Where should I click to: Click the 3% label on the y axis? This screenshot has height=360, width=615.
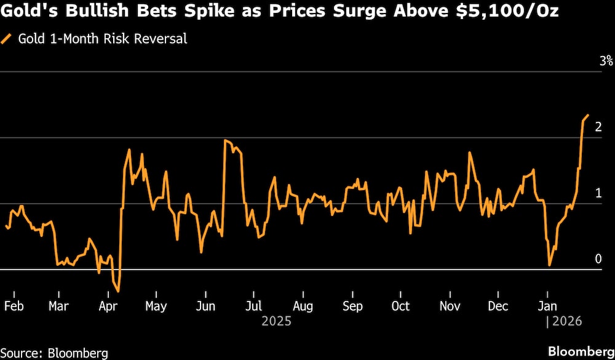pyautogui.click(x=606, y=61)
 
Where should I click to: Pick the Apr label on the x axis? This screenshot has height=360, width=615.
pyautogui.click(x=108, y=306)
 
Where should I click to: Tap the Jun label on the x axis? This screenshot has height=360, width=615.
pyautogui.click(x=205, y=306)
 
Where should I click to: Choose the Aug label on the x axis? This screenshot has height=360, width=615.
pyautogui.click(x=303, y=306)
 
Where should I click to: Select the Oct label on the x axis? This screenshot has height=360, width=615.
pyautogui.click(x=400, y=306)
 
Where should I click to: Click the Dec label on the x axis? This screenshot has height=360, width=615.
pyautogui.click(x=498, y=306)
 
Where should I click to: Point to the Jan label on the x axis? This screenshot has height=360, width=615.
pyautogui.click(x=547, y=306)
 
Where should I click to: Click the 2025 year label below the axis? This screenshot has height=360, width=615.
pyautogui.click(x=276, y=321)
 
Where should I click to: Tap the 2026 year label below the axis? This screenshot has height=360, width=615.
pyautogui.click(x=566, y=321)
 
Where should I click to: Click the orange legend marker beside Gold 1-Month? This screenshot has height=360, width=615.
pyautogui.click(x=7, y=39)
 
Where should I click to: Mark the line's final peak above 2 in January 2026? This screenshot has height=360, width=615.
pyautogui.click(x=588, y=115)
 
